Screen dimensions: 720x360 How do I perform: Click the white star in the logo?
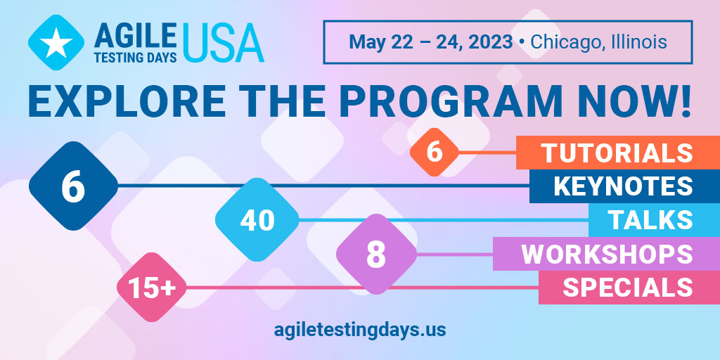[56, 42]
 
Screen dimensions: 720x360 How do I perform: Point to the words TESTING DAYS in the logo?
[136, 56]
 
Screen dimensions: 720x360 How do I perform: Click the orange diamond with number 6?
[434, 152]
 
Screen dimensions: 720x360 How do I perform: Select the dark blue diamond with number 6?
[73, 186]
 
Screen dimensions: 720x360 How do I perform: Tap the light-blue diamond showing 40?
[257, 219]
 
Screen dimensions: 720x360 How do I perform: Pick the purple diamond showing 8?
[377, 254]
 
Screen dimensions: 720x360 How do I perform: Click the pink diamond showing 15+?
[152, 288]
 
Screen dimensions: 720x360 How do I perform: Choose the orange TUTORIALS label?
[618, 153]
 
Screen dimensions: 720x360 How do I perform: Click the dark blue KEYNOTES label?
[624, 186]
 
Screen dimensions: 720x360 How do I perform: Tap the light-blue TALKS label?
[655, 220]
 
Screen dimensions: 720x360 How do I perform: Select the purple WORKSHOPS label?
[606, 253]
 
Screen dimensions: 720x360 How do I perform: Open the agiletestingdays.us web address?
[360, 329]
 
